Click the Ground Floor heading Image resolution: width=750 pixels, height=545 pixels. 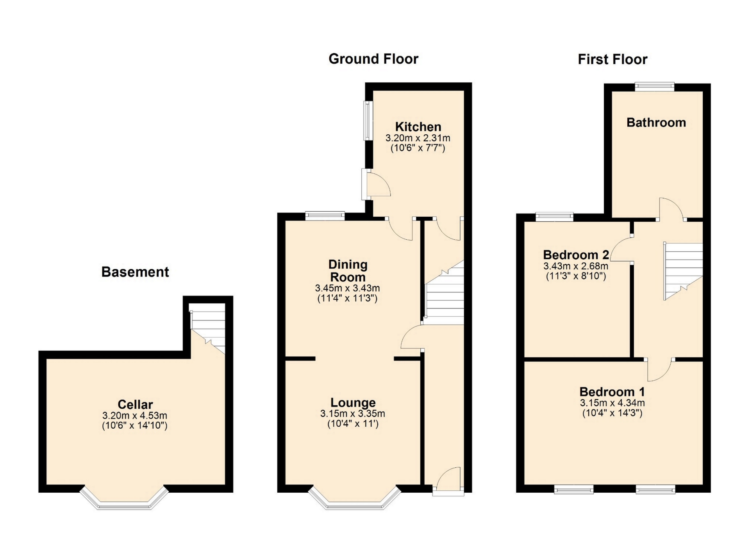click(373, 59)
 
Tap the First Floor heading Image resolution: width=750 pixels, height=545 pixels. click(612, 59)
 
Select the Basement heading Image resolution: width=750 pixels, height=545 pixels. click(135, 272)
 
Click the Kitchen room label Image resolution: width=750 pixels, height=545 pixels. click(418, 126)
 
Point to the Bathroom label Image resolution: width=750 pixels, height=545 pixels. click(656, 122)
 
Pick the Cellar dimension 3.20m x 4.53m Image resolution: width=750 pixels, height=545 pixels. click(135, 415)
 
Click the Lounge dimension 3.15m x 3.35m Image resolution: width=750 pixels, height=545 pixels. click(353, 413)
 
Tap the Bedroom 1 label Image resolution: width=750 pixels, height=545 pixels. click(612, 392)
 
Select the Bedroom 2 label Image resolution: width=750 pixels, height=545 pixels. click(576, 255)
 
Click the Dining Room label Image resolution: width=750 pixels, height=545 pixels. click(348, 271)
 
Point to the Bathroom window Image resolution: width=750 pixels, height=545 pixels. click(655, 87)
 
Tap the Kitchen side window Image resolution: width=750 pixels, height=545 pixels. click(368, 121)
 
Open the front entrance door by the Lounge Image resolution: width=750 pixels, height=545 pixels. click(448, 479)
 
